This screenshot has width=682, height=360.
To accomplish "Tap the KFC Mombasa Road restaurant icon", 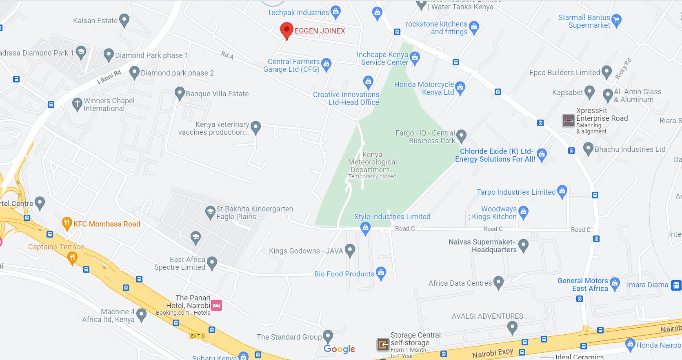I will [67, 223].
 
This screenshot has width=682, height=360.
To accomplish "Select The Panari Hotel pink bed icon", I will [216, 305].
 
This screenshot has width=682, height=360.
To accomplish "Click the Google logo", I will [339, 349].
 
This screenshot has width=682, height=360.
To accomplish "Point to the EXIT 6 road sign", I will [197, 336].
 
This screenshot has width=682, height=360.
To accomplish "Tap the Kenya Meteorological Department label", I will [372, 162].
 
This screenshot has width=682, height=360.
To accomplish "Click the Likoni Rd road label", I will [109, 77].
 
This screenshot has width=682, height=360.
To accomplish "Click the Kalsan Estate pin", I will [124, 20].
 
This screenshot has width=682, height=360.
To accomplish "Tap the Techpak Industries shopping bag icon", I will [335, 12].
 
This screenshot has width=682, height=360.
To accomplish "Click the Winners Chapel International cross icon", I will [77, 104].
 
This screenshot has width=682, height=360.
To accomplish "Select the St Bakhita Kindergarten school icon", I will [210, 212].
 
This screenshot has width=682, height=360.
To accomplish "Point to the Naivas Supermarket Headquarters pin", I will [523, 245].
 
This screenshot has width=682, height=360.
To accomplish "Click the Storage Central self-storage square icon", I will [382, 345].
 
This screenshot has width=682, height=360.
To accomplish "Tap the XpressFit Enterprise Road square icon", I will [568, 121].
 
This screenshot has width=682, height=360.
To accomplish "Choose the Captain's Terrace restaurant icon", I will [72, 257].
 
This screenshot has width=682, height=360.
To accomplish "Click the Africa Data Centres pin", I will [498, 282].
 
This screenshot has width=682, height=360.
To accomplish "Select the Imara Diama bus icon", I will [676, 285].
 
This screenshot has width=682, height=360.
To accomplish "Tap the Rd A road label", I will [227, 55].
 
